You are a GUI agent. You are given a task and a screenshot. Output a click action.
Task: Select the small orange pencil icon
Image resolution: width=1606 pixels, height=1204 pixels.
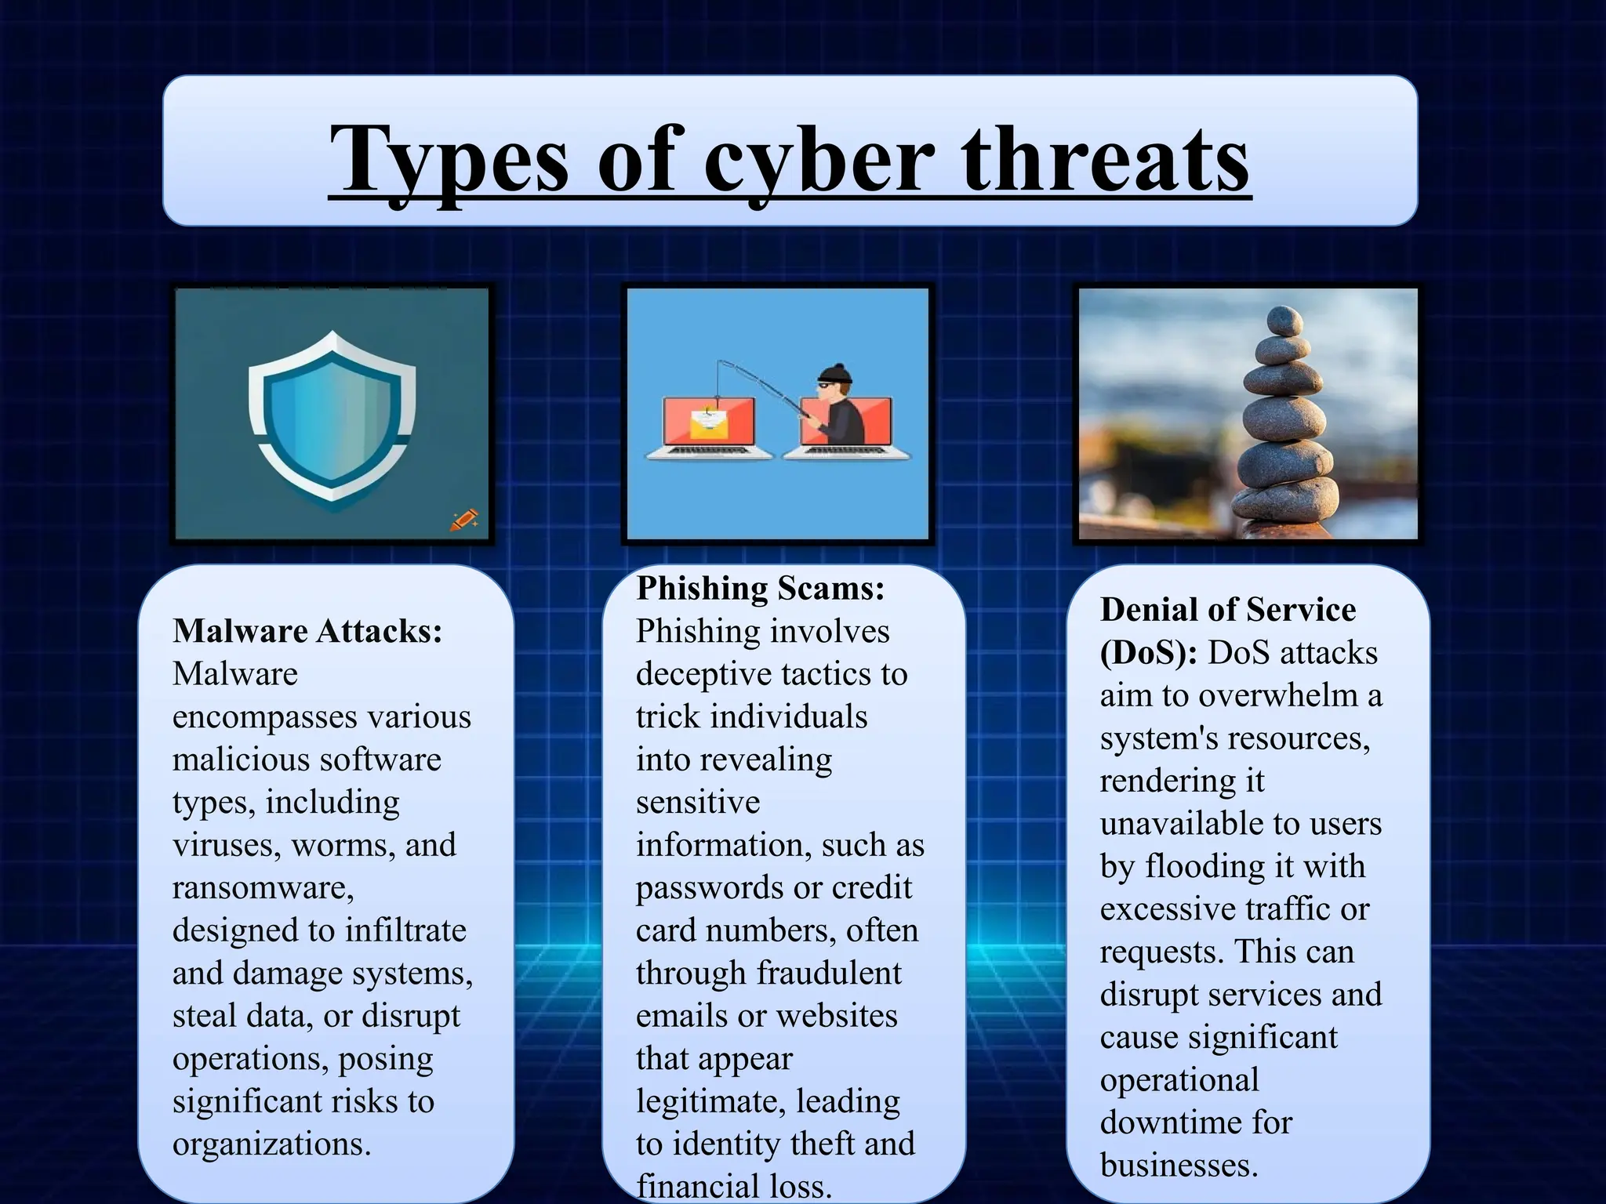pos(464,520)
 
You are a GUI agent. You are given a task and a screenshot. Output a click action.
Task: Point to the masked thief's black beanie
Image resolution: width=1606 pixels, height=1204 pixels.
pos(834,374)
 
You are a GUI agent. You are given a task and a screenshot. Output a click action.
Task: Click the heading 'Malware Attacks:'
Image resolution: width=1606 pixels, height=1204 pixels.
pos(307,631)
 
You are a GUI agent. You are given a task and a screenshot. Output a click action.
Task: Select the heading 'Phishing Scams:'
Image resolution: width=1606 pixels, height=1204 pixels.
pos(760,588)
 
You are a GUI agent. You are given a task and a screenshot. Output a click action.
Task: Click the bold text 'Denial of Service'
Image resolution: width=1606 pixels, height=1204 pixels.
pos(1227,610)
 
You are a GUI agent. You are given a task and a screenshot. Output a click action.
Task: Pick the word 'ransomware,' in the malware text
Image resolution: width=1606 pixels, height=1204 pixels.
pos(263,887)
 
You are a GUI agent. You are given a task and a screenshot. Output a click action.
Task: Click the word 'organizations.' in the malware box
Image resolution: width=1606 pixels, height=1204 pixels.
pos(271,1144)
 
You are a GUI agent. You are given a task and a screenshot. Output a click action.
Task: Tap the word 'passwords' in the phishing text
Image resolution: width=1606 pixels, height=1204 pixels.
pos(708,887)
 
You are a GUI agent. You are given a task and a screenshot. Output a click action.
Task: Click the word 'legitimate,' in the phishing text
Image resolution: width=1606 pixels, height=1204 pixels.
pos(710,1101)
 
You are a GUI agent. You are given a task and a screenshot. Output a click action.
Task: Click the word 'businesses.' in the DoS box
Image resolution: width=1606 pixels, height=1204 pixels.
pos(1179,1166)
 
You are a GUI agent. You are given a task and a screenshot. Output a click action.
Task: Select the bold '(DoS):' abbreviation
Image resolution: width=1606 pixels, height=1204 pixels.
pos(1148,653)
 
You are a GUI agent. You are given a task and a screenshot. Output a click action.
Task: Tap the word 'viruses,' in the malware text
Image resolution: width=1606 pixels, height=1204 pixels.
pos(226,845)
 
